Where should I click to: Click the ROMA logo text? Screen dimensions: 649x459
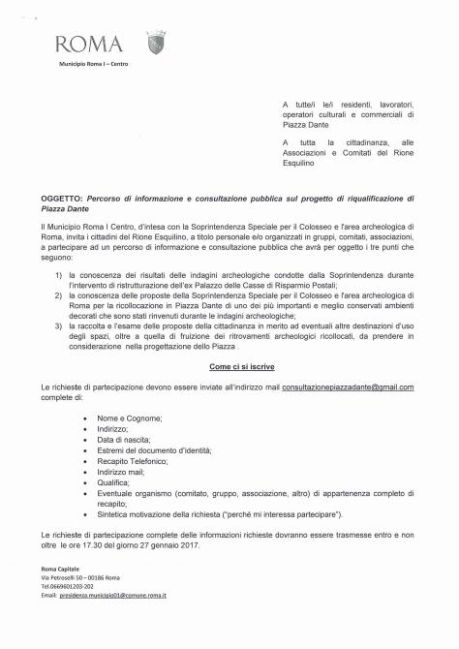(88, 44)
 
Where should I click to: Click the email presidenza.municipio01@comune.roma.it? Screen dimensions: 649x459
(112, 594)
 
